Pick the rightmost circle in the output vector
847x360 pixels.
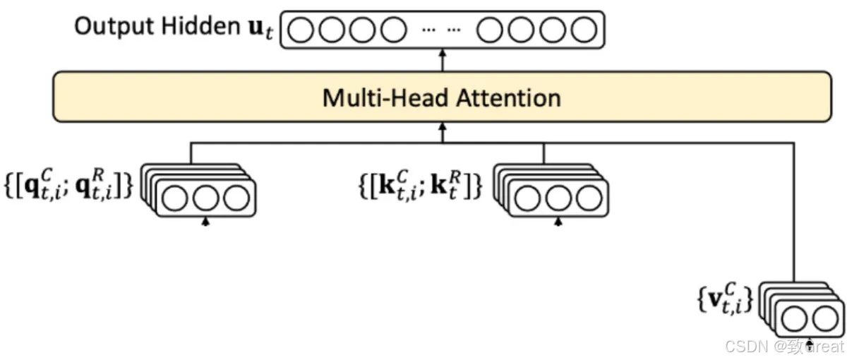pos(584,30)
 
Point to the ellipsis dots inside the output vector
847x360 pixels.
pos(441,30)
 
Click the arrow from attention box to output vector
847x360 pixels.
pos(443,59)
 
